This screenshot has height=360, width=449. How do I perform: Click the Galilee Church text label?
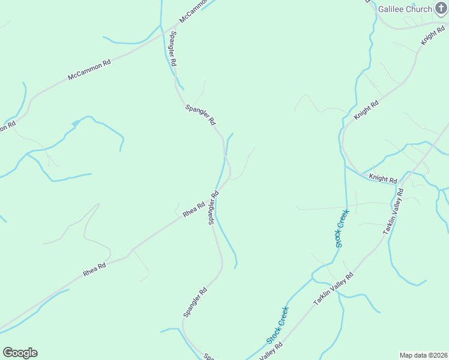point(405,9)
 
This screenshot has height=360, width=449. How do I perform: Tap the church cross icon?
point(441,9)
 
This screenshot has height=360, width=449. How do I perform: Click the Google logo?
point(20,353)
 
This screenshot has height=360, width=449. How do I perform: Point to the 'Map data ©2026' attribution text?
point(423,355)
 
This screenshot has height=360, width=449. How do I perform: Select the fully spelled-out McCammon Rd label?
point(89,69)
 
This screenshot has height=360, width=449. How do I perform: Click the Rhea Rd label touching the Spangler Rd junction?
point(194,209)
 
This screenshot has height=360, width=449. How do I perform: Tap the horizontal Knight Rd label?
point(383,179)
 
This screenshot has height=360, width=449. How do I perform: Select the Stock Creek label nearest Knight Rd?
point(342,228)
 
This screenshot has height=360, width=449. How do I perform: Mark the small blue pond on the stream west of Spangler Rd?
point(76,123)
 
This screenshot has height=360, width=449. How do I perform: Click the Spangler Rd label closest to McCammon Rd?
point(173,48)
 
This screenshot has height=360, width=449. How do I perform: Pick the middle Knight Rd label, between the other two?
point(366,110)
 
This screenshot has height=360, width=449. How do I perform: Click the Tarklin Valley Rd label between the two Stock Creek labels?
point(334,289)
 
